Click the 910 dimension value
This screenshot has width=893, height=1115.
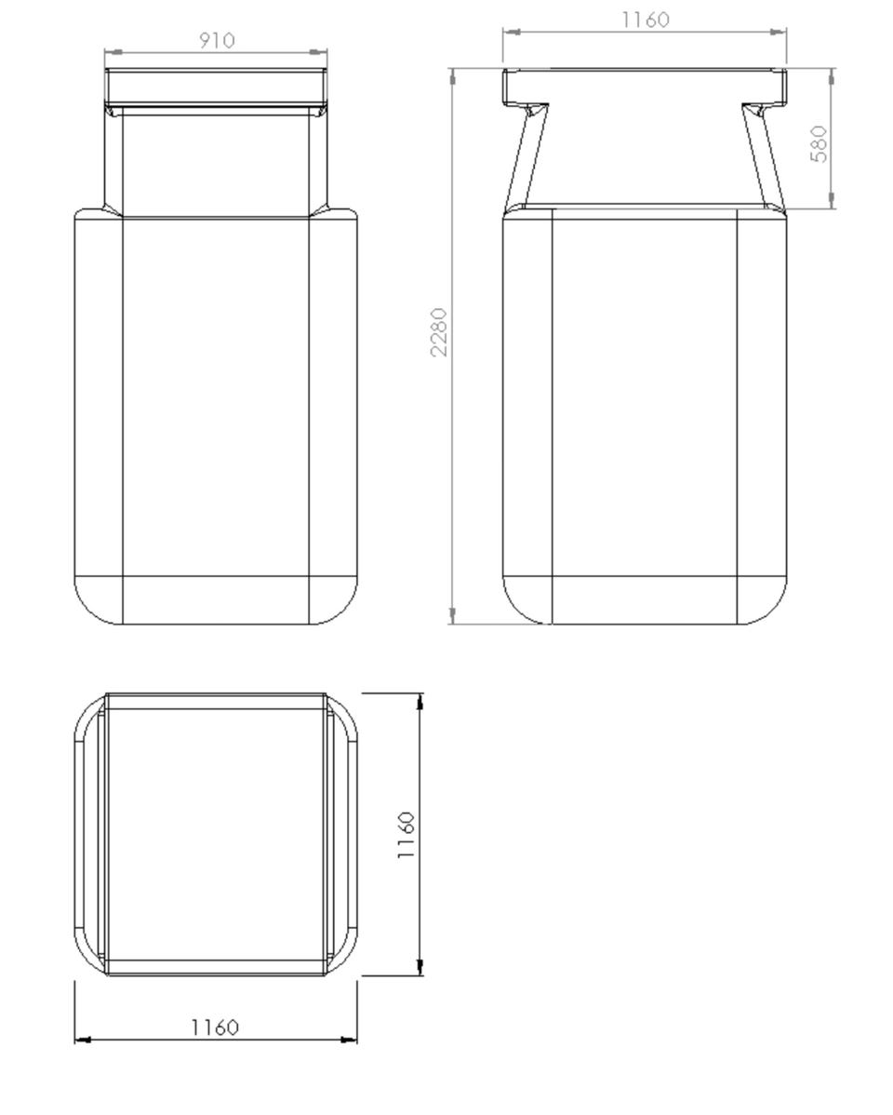[x=216, y=41]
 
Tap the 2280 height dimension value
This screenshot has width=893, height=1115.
[x=439, y=332]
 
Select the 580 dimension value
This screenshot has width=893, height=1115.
[x=820, y=143]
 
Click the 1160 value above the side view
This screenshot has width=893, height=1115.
[x=646, y=20]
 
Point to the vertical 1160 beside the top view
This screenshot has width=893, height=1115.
[x=406, y=835]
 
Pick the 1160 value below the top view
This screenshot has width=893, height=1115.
[x=215, y=1028]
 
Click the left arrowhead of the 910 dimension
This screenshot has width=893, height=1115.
[x=113, y=52]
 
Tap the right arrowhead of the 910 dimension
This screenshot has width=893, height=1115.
[x=319, y=52]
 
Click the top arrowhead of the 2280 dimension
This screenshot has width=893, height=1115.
[x=453, y=77]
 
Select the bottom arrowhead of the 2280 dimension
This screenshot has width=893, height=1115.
[x=453, y=616]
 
